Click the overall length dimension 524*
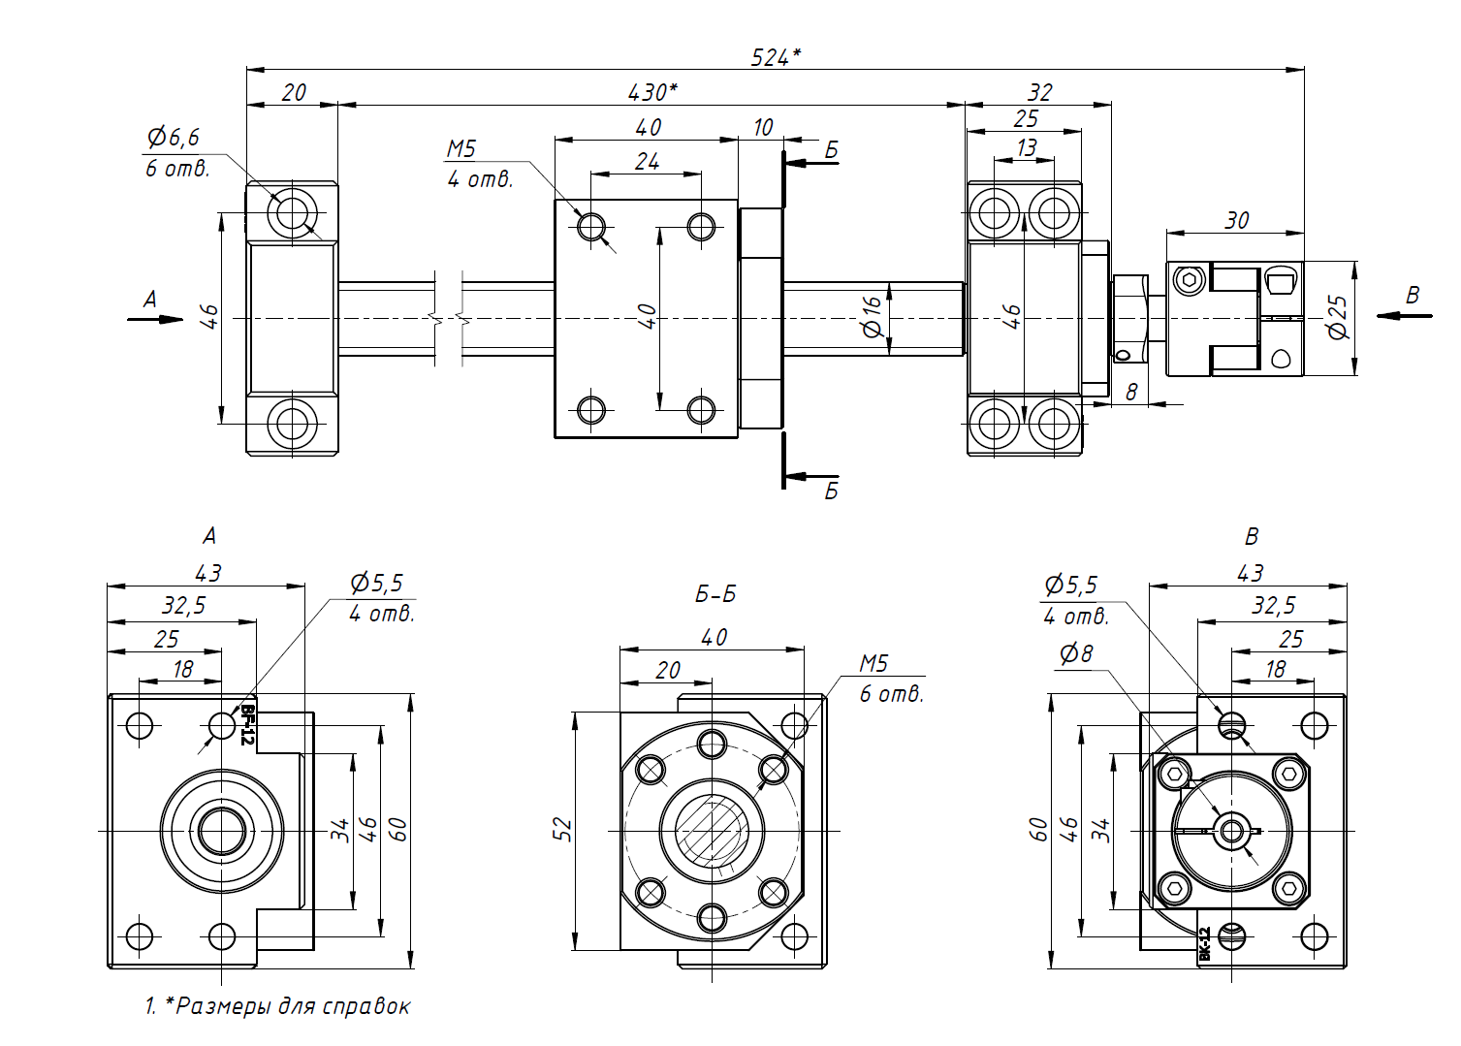pos(776,57)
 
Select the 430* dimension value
pos(652,92)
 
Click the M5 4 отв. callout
pos(479,164)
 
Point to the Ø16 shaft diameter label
pos(873,316)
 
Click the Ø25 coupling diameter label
pos(1339,317)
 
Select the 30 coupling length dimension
pos(1237,220)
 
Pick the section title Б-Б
pos(715,593)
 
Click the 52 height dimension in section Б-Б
pos(563,830)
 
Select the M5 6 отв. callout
pos(890,679)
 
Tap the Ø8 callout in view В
pos(1076,654)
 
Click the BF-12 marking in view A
pos(248,724)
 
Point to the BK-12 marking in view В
pos(1205,943)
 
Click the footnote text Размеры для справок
pos(292,1006)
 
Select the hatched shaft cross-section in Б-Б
pos(713,831)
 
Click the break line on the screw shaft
pos(448,318)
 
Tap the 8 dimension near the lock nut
pos(1131,392)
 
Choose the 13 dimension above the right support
pos(1027,147)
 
